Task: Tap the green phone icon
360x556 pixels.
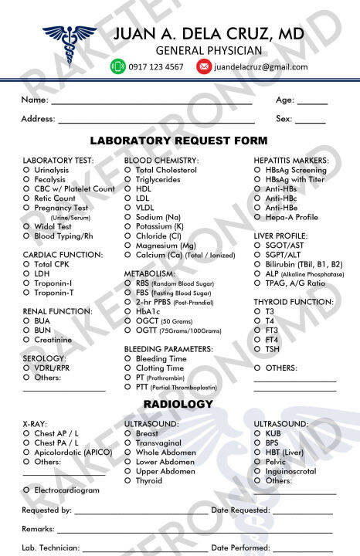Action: point(118,66)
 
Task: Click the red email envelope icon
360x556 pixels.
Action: point(203,66)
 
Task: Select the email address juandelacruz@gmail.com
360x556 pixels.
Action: point(260,67)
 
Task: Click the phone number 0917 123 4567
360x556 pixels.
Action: point(158,67)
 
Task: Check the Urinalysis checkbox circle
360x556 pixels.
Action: point(27,170)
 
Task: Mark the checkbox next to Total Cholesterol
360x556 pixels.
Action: point(128,170)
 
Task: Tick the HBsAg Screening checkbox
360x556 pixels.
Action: point(258,170)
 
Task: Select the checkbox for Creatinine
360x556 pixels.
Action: point(27,340)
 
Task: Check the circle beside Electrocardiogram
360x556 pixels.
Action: point(27,490)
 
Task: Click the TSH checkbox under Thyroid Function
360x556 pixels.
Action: point(258,349)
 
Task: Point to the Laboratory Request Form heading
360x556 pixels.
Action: point(179,141)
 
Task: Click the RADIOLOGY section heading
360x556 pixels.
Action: point(178,405)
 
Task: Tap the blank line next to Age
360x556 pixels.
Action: point(312,103)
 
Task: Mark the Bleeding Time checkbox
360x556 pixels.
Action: point(128,359)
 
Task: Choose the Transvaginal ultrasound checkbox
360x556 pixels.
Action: point(128,443)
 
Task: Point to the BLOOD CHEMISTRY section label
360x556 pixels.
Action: point(161,160)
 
